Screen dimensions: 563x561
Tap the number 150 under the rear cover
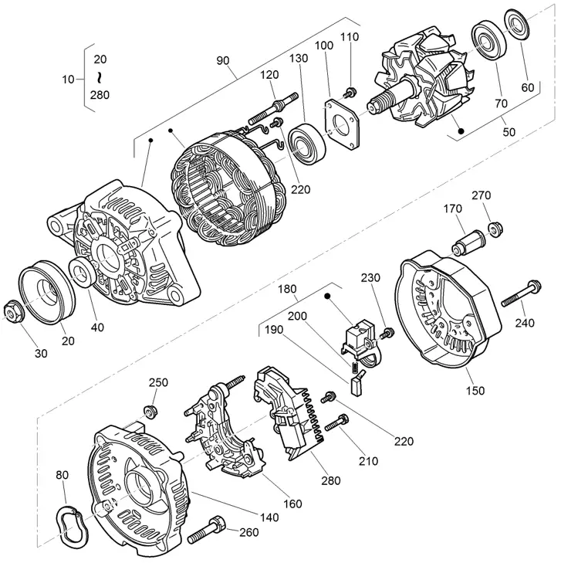click(475, 391)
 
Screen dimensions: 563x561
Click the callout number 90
click(222, 61)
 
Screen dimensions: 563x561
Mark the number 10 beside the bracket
click(67, 79)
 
